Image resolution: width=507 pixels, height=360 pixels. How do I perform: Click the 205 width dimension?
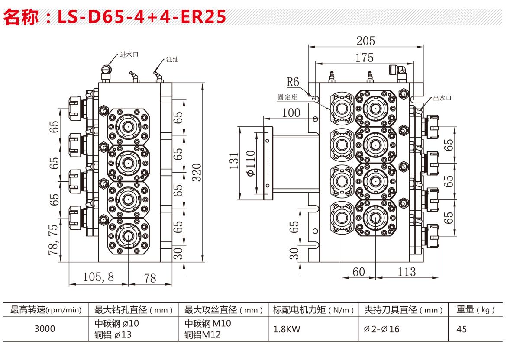[365, 41]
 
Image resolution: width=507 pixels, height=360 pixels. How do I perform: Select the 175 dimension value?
[365, 58]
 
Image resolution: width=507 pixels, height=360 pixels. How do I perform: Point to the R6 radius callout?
[293, 82]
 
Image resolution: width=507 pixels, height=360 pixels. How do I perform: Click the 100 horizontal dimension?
[291, 112]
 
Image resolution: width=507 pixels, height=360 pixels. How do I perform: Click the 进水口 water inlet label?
[129, 55]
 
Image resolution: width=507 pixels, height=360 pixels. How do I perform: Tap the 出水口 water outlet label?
[442, 98]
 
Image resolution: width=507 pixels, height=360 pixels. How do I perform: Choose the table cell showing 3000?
[45, 329]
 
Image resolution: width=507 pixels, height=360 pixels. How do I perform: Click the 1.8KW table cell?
[287, 329]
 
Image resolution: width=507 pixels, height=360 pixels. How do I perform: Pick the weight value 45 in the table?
[462, 329]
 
